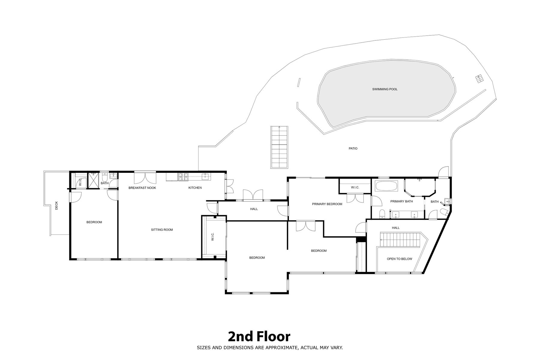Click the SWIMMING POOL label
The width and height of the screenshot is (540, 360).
[x=385, y=89]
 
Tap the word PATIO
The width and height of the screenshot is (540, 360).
[x=353, y=148]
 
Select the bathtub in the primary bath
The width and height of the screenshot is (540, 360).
[x=386, y=186]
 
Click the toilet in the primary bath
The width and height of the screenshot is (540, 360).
[x=382, y=214]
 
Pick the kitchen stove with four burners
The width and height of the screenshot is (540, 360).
[x=183, y=177]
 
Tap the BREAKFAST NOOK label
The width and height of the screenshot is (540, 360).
[x=142, y=188]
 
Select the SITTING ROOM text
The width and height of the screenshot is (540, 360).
[x=162, y=230]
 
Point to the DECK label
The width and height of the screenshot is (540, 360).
[x=56, y=205]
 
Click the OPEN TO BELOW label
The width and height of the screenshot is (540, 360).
[x=400, y=259]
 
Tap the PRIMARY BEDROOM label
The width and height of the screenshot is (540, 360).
[x=327, y=204]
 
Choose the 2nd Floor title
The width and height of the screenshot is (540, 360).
[x=259, y=337]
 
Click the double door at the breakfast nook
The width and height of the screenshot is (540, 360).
[x=145, y=177]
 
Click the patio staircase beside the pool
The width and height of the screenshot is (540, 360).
[x=279, y=147]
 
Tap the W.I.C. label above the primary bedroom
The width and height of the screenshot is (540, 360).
[x=355, y=187]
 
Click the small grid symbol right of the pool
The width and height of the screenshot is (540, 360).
[x=479, y=79]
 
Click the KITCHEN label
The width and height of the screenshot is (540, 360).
[x=195, y=188]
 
